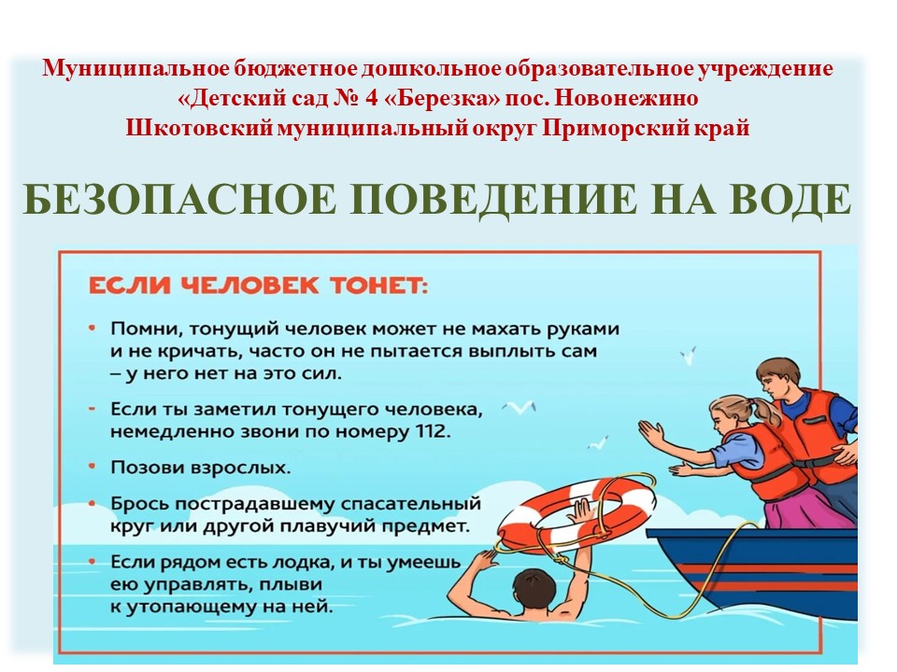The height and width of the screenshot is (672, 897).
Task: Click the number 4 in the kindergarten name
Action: pyautogui.click(x=371, y=98)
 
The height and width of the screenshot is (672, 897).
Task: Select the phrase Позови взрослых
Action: pyautogui.click(x=200, y=468)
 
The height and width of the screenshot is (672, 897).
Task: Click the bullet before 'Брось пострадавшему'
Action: pyautogui.click(x=92, y=504)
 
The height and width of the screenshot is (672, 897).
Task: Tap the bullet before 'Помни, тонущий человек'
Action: pyautogui.click(x=92, y=328)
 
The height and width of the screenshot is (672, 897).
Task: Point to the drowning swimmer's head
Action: pyautogui.click(x=534, y=592)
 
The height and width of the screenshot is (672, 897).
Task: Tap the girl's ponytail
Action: pyautogui.click(x=763, y=410)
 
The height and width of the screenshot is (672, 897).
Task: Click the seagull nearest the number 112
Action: pyautogui.click(x=519, y=407)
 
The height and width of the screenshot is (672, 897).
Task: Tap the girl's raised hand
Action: pyautogui.click(x=651, y=432)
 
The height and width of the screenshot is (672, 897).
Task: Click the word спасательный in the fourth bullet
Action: pyautogui.click(x=411, y=505)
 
